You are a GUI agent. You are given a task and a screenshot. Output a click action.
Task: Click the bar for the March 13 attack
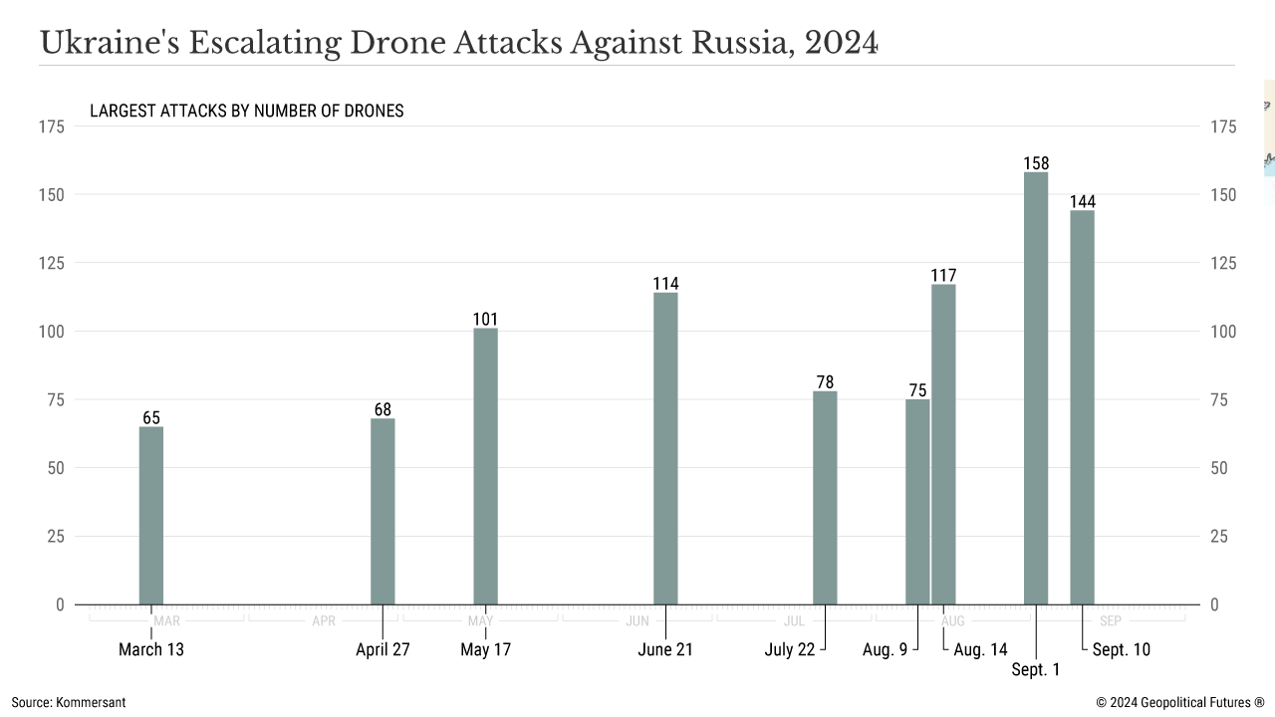[151, 515]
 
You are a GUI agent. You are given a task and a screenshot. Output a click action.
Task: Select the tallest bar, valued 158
[1036, 388]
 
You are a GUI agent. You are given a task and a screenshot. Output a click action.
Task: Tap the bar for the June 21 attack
[665, 448]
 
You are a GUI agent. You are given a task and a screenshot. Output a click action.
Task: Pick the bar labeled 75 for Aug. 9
[917, 502]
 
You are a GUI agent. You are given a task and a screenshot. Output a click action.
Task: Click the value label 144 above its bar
[1082, 202]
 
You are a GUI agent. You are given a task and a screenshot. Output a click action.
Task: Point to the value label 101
[485, 320]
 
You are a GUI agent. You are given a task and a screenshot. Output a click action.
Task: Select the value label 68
[382, 409]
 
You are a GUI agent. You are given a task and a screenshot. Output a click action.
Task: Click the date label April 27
[382, 650]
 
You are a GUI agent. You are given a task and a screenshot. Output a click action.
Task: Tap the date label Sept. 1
[1036, 670]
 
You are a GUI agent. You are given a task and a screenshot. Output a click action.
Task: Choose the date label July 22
[790, 650]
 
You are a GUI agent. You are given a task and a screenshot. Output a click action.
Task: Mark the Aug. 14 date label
[980, 650]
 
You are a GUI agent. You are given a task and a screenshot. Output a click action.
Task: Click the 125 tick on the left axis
[52, 263]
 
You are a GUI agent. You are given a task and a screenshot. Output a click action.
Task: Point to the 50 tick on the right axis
[1223, 468]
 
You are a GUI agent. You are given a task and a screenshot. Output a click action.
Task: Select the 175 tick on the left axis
[52, 126]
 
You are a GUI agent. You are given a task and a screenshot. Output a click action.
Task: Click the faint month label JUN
[637, 621]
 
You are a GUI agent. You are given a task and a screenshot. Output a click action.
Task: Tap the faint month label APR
[324, 621]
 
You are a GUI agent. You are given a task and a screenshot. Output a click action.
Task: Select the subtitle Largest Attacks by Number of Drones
[247, 111]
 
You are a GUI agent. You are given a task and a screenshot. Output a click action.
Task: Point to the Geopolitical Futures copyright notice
[1180, 702]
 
